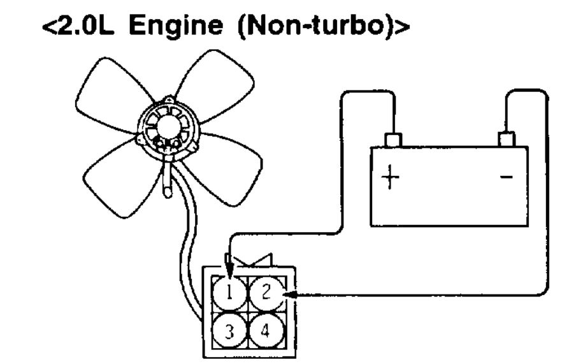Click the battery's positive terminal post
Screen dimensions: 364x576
393,139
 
